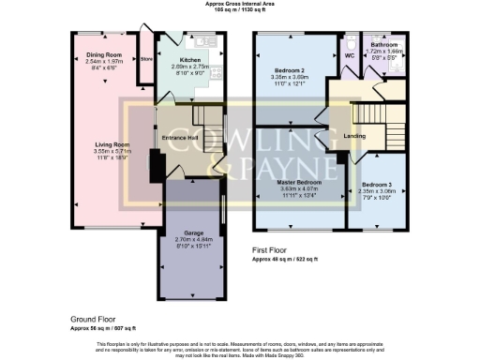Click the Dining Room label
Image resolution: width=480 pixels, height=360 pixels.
pos(104,55)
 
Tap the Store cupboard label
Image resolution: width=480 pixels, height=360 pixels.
pos(145,60)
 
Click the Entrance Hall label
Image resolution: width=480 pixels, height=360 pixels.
pos(178,139)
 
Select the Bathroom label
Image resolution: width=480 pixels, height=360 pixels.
pos(384,44)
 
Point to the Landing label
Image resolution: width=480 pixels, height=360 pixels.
pos(355,138)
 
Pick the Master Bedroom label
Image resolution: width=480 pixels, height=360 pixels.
pos(299,180)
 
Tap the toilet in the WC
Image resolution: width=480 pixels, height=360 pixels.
pos(349,44)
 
